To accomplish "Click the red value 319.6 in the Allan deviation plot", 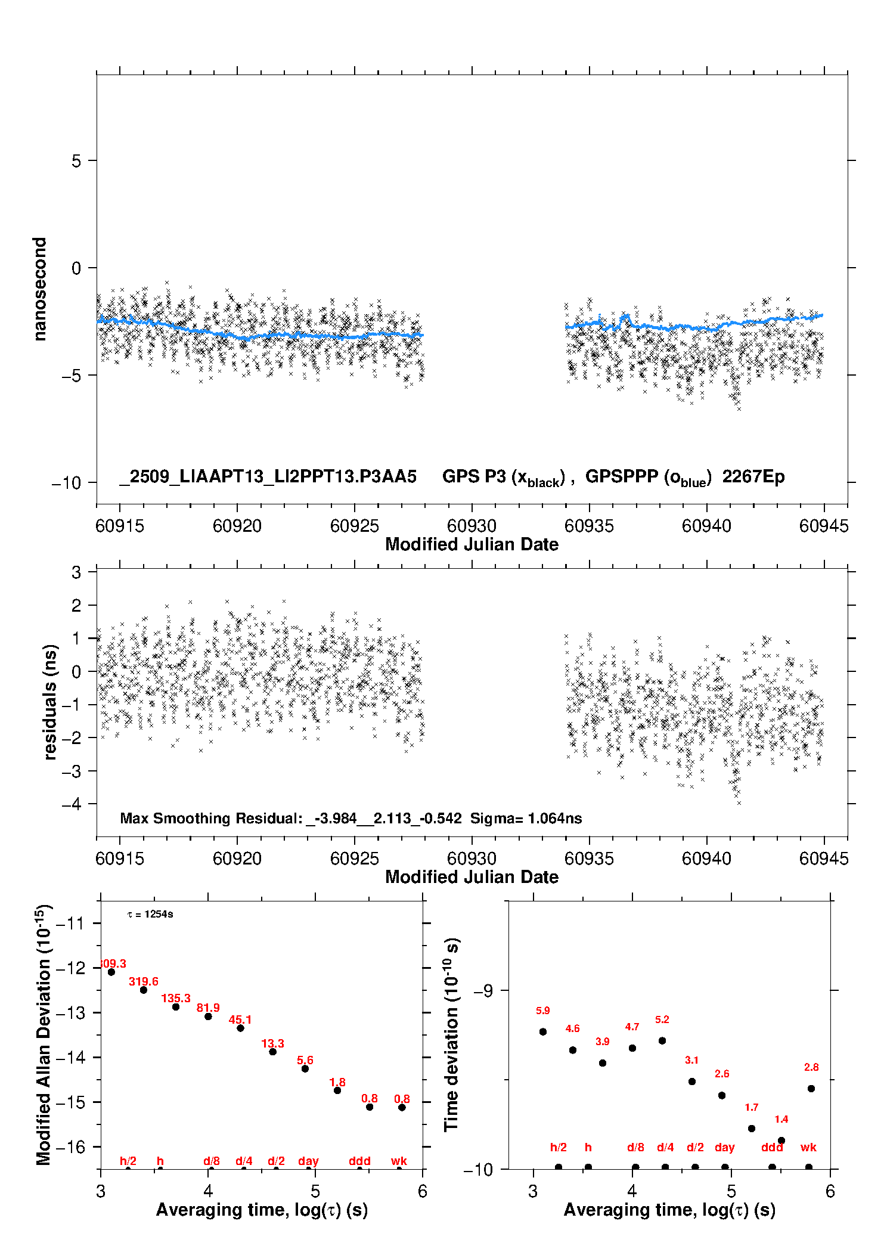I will (144, 981).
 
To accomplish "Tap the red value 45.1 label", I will (240, 1020).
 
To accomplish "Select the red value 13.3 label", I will (272, 1043).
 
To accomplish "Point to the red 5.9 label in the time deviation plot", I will (542, 1011).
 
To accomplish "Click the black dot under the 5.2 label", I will (662, 1040).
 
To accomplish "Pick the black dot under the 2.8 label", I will (811, 1089).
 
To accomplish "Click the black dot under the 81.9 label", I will (208, 1016).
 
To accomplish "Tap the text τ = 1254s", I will (150, 915).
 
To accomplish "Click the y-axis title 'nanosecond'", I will (40, 289).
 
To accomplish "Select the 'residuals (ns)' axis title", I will (50, 702).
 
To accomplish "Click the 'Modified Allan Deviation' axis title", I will (44, 1034).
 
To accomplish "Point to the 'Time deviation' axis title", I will (451, 1035).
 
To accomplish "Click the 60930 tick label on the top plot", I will (472, 526).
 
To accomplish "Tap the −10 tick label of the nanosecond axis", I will (66, 483).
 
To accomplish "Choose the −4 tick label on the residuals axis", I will (71, 804).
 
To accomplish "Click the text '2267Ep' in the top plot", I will (753, 476).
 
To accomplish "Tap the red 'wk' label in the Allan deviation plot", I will (399, 1161).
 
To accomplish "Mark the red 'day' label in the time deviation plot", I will (724, 1147).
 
